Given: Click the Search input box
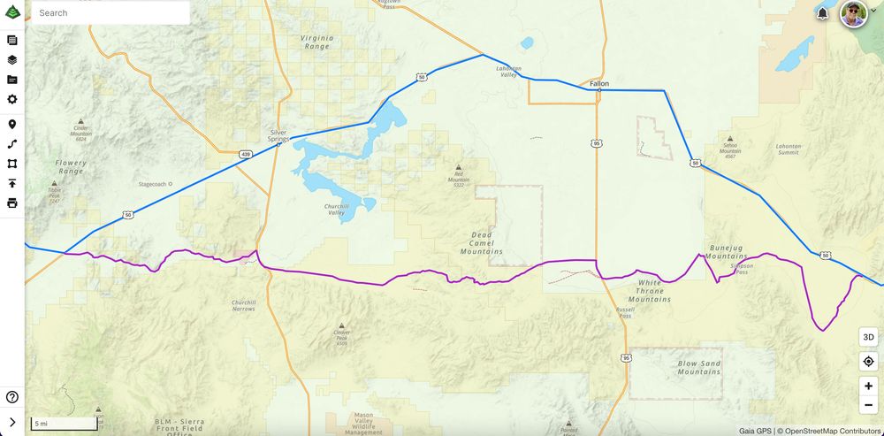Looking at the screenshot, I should pos(110,13).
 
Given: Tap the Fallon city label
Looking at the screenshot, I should pos(599,83).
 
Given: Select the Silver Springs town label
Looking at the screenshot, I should pos(278,136).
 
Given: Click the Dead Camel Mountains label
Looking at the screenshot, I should pos(482,243).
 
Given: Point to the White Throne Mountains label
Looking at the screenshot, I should pos(649,291).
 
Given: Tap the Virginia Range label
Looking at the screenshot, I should pos(316,43).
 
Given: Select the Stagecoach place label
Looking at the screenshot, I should pos(154,185).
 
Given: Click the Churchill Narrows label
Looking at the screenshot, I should pos(243,305).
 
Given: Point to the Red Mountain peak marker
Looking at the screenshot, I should pos(458,167).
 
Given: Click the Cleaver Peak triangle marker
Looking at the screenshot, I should pos(342,325).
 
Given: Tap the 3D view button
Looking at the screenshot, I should pos(868,337).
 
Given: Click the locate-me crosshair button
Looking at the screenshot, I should pos(868,362).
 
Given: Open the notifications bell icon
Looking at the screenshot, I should pos(823,14).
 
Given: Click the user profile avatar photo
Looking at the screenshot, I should pos(853,14).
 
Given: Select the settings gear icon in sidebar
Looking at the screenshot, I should pos(12,99).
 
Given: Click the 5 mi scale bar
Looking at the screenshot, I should pos(64,424).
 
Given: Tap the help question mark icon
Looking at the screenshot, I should pos(12,397).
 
